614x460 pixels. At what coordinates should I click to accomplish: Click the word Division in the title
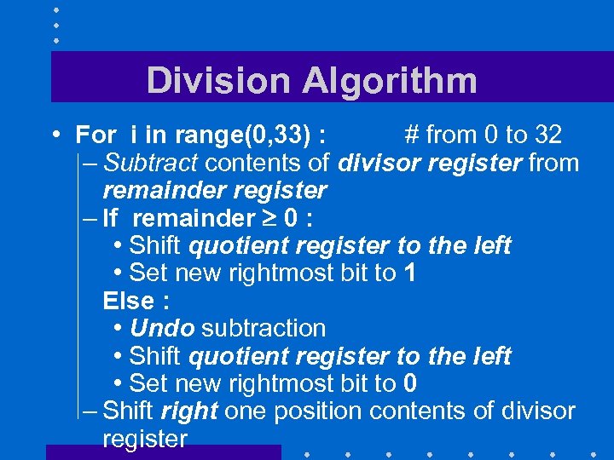coord(218,81)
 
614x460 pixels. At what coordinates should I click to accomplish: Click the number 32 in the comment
coord(547,135)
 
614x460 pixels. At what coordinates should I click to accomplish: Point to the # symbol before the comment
coord(412,135)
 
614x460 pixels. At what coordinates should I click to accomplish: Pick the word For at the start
coord(96,135)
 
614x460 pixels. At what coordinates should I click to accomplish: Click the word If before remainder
coord(110,218)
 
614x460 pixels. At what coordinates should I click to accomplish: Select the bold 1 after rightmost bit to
coord(410,273)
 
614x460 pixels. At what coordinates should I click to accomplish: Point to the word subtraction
coord(264,328)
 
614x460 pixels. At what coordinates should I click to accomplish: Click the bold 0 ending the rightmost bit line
coord(411,383)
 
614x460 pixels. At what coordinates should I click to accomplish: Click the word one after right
coord(246,411)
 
